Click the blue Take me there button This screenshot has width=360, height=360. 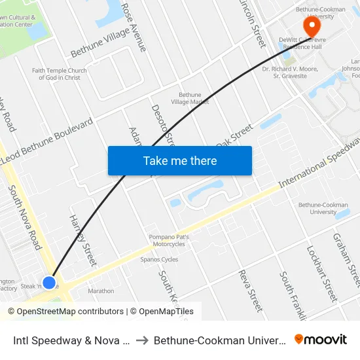[x=179, y=161]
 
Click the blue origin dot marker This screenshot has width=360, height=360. [x=49, y=282]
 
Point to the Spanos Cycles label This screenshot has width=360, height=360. [x=159, y=259]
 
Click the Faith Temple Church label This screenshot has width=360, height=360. [x=60, y=74]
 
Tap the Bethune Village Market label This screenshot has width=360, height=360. [x=190, y=98]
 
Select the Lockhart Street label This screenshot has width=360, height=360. [x=320, y=273]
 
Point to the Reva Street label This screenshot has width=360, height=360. [x=250, y=290]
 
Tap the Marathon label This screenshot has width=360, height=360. [x=101, y=291]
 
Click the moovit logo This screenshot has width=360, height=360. [x=320, y=339]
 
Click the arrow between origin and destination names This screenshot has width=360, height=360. [x=142, y=340]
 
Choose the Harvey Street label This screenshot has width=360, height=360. [x=82, y=240]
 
